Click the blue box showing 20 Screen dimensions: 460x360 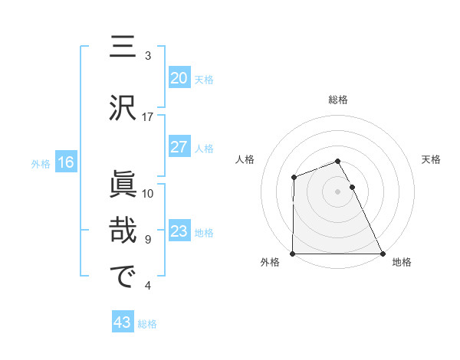[179, 78]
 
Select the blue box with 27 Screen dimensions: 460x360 [179, 147]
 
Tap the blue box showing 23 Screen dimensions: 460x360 [179, 231]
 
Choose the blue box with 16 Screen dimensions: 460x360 [65, 162]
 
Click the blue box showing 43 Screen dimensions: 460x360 [122, 323]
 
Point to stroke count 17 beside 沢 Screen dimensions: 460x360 [148, 117]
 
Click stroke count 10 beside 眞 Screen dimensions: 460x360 [148, 193]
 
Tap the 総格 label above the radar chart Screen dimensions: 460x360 [337, 100]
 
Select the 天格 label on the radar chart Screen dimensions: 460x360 [432, 159]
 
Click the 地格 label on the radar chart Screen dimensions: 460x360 [402, 263]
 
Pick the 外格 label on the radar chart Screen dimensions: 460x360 [270, 263]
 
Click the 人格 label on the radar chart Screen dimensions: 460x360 [245, 159]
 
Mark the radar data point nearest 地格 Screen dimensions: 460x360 [382, 254]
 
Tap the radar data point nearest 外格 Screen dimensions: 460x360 [293, 254]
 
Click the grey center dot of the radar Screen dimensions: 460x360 [337, 191]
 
